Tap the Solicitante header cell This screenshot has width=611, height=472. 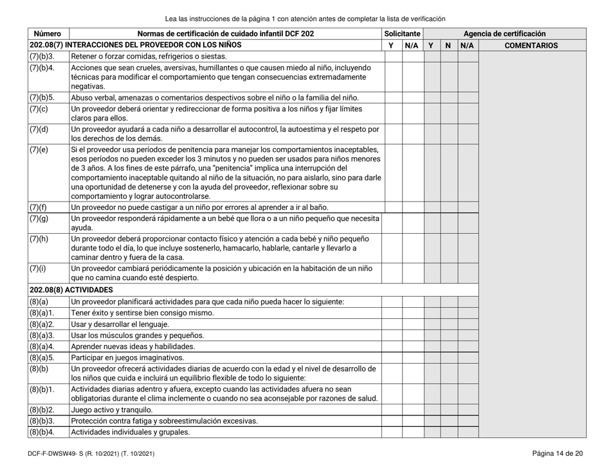click(x=401, y=32)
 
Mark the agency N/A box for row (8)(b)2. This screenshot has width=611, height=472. click(x=468, y=408)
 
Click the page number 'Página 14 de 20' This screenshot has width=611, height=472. click(x=557, y=455)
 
